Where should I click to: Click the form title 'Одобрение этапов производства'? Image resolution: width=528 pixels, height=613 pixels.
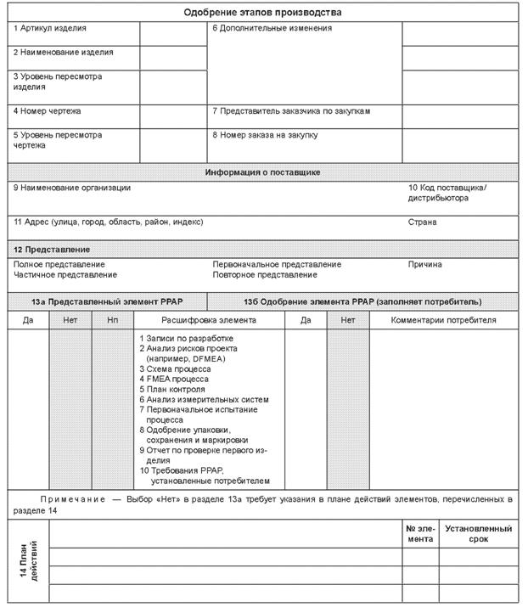pyautogui.click(x=264, y=13)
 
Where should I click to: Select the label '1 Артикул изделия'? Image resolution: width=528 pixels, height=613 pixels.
pyautogui.click(x=50, y=29)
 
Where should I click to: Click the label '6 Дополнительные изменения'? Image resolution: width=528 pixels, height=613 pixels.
pyautogui.click(x=272, y=29)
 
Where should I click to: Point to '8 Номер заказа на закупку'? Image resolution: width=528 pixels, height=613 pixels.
pyautogui.click(x=265, y=134)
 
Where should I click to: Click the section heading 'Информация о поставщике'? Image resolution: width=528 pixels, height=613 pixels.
pyautogui.click(x=263, y=172)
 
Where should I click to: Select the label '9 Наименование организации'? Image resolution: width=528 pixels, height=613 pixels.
pyautogui.click(x=72, y=188)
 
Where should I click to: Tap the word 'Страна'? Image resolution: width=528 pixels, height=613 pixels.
pyautogui.click(x=423, y=222)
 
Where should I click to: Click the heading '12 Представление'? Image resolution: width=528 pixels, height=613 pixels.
pyautogui.click(x=52, y=250)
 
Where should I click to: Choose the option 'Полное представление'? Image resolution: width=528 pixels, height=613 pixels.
pyautogui.click(x=59, y=264)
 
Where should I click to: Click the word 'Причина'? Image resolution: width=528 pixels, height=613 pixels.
pyautogui.click(x=425, y=264)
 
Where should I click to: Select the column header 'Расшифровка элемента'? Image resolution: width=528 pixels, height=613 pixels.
pyautogui.click(x=209, y=320)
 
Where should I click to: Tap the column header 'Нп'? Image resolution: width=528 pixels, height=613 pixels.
pyautogui.click(x=113, y=320)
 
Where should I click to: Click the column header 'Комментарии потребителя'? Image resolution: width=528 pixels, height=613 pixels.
pyautogui.click(x=444, y=320)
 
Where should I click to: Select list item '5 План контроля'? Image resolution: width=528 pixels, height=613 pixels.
pyautogui.click(x=171, y=389)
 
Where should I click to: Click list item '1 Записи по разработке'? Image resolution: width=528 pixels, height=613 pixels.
pyautogui.click(x=186, y=338)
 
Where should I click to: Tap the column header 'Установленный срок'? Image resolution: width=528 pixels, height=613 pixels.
pyautogui.click(x=479, y=533)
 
